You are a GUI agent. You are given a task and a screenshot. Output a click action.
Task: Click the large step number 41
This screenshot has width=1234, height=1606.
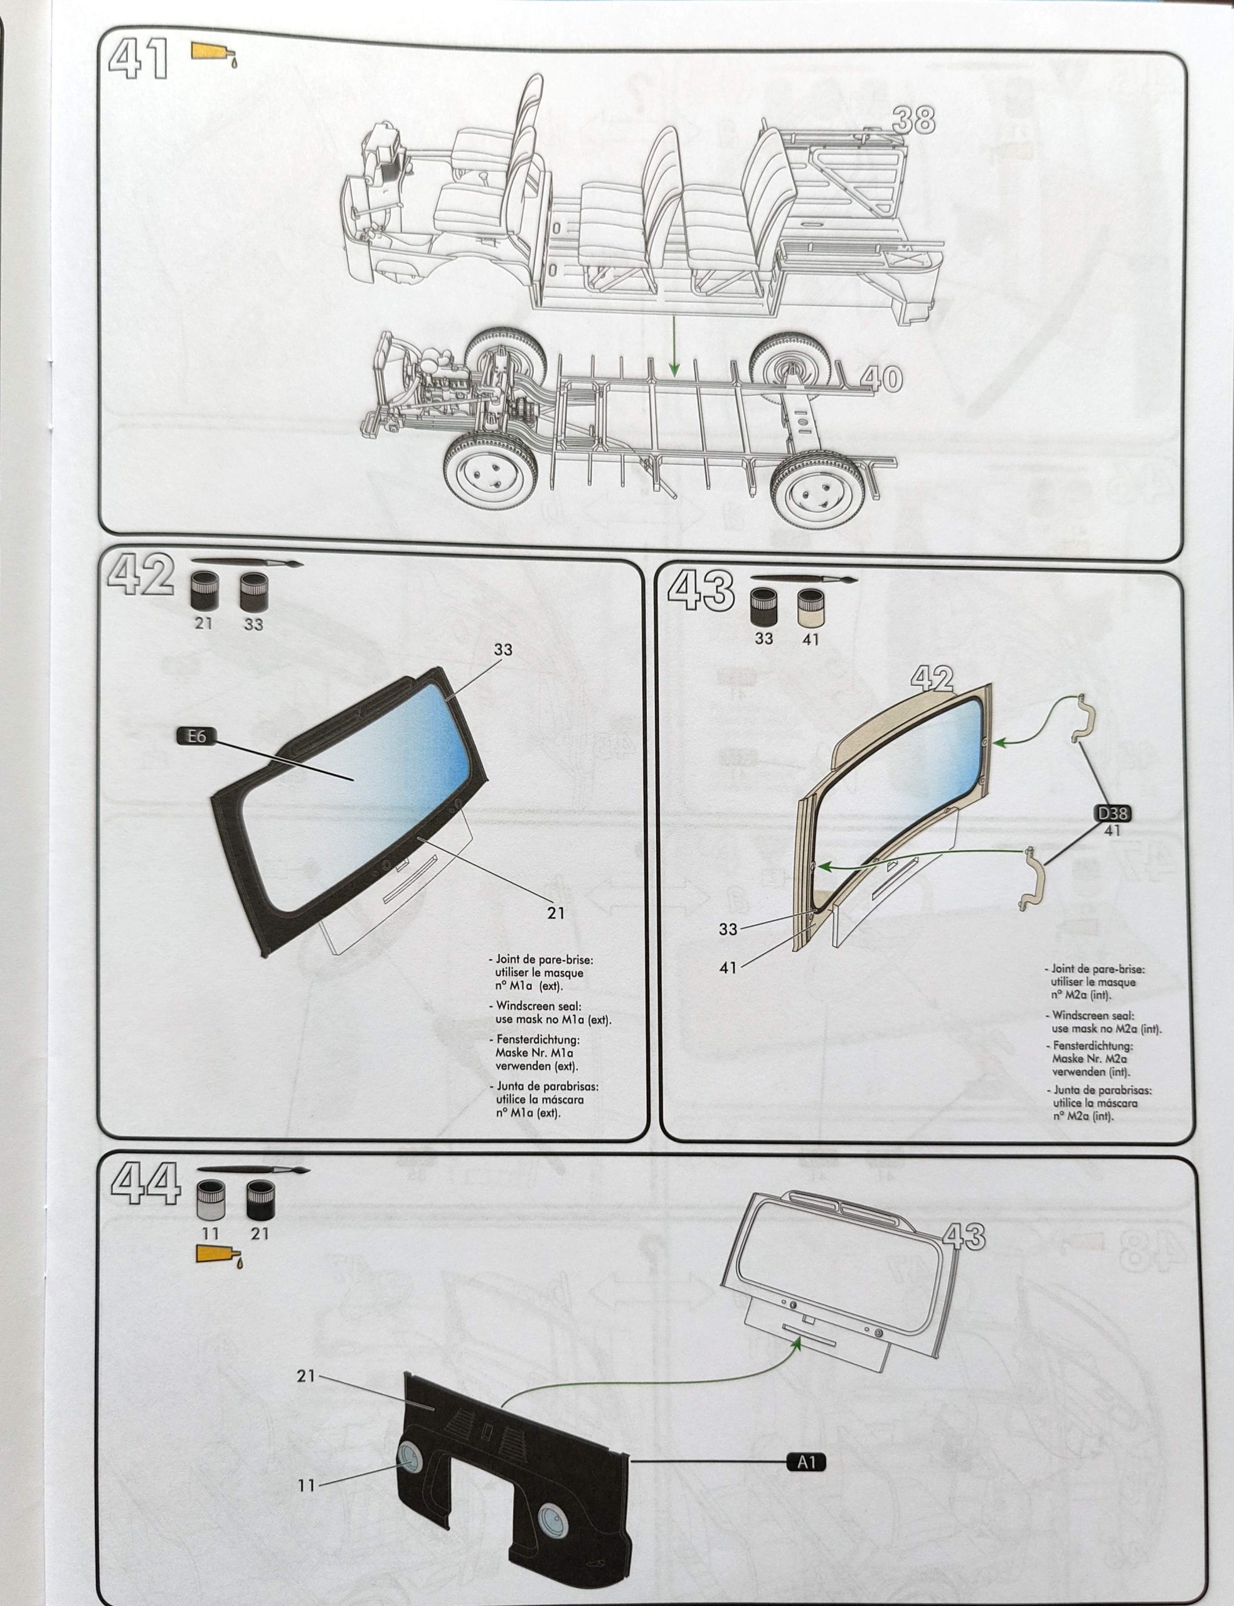(137, 60)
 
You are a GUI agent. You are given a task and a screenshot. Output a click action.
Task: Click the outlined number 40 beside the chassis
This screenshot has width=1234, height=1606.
(881, 379)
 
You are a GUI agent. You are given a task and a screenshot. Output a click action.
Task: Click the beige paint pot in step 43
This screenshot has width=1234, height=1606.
(810, 608)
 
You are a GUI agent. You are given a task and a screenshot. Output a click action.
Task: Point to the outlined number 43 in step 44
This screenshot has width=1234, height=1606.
(962, 1236)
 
